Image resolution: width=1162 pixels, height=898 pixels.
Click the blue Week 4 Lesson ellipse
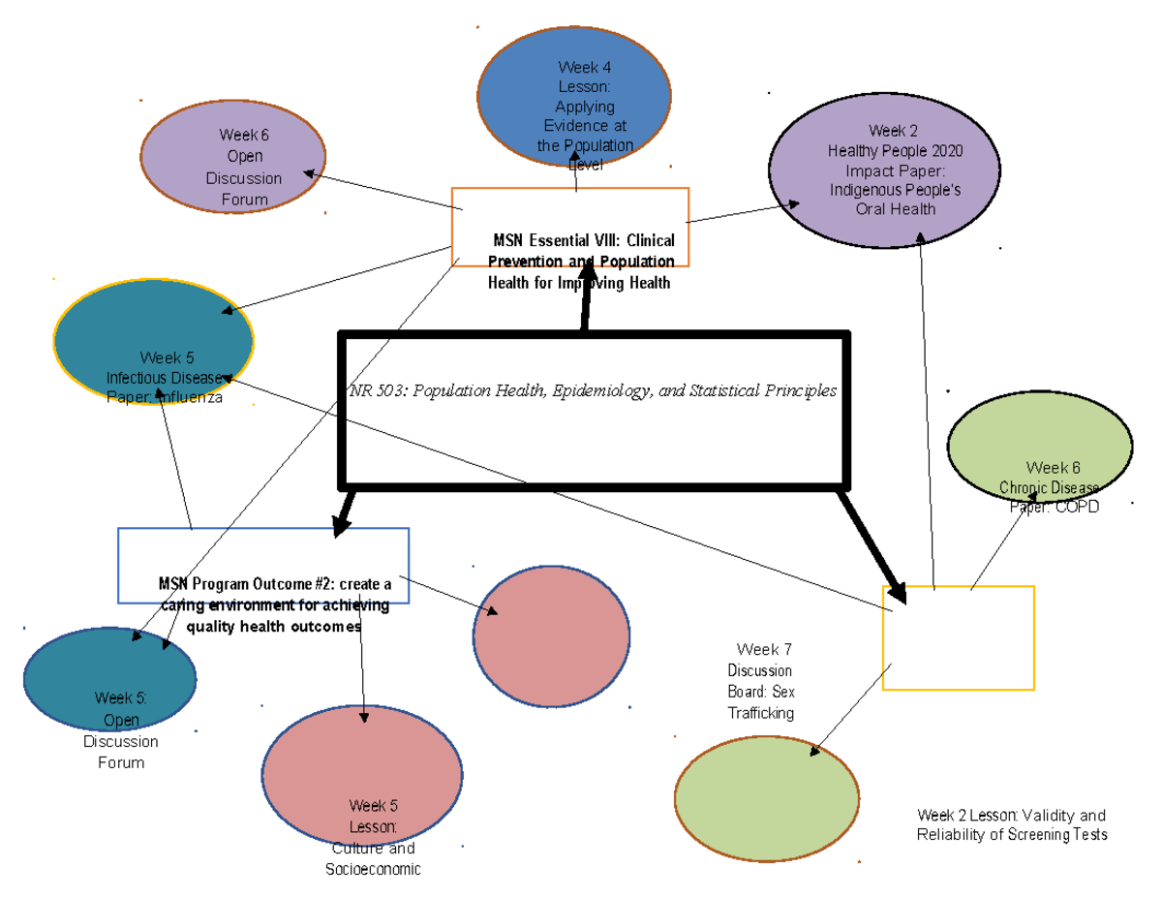573,97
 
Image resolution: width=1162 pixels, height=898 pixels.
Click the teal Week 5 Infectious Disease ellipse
153,340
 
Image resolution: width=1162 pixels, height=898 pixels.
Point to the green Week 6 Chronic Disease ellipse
1039,446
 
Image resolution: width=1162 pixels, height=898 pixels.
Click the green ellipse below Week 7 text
766,797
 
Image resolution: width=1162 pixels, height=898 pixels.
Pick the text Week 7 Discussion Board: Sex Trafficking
762,681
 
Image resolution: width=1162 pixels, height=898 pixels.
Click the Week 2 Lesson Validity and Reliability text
1011,825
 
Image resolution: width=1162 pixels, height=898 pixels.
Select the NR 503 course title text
592,391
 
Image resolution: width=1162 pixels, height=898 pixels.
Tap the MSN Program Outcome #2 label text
275,605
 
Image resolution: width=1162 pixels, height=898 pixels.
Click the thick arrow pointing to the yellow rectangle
871,545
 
